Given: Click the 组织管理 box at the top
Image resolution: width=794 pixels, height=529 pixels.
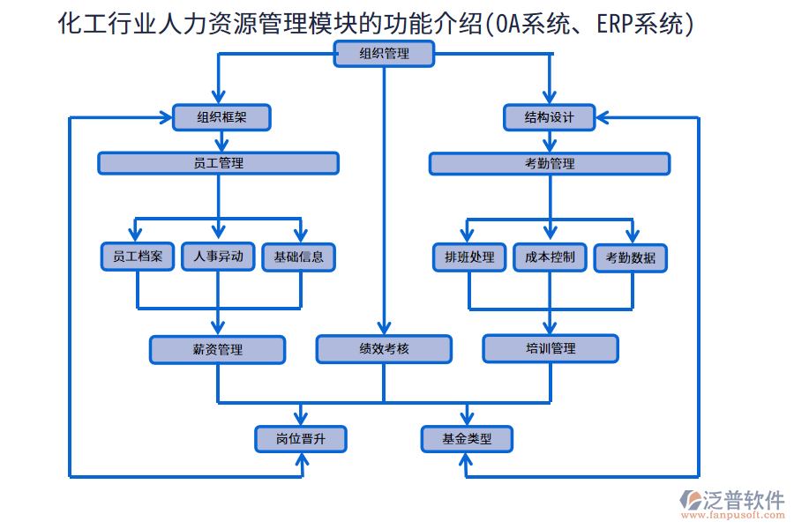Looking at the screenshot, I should point(384,54).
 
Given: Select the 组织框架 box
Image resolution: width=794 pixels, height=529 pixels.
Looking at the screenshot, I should point(221,117).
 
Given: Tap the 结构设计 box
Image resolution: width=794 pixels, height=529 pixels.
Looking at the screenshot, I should point(550,117).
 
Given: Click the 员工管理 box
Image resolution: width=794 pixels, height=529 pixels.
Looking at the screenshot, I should point(218,163).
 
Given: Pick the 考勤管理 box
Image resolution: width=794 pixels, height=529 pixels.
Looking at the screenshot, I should point(550,163).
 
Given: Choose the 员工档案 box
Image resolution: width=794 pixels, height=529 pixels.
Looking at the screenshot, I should point(137,257).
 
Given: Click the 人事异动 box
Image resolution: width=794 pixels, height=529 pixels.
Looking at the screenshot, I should point(218,257).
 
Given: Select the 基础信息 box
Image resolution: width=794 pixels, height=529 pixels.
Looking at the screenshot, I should point(299,257).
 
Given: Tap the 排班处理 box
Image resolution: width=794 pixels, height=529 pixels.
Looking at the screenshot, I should point(469,257).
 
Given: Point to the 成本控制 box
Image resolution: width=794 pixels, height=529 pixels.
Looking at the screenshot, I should point(550,257).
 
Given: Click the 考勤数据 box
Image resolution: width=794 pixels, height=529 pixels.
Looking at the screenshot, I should point(631,257).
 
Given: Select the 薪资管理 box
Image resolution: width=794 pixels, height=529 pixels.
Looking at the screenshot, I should point(218,349).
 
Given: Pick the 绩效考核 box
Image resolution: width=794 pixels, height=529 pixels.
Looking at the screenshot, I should point(384,349).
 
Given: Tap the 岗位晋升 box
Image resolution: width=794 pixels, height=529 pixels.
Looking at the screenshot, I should point(301,438).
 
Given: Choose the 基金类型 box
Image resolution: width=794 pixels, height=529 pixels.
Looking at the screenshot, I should point(467,438).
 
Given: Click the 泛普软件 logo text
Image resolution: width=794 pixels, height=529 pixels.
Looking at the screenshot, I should point(743,501).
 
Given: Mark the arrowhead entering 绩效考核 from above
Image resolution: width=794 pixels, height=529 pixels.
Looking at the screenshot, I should point(384,328).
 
